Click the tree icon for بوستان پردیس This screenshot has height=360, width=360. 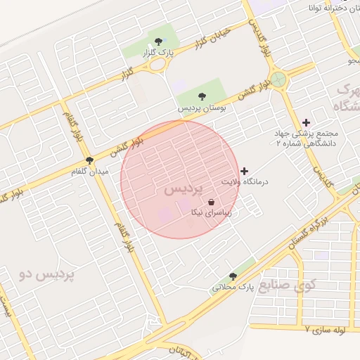[x=202, y=97]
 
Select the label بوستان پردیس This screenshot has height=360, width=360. [x=202, y=109]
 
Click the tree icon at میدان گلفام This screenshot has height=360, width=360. [x=89, y=160]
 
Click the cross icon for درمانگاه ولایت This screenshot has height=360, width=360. [x=245, y=171]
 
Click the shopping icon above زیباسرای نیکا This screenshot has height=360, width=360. [x=211, y=202]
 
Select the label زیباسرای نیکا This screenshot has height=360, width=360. [x=211, y=212]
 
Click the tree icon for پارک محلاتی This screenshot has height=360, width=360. [x=233, y=276]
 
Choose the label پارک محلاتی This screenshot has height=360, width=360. [x=233, y=288]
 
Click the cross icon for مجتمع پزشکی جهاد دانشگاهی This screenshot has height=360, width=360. [x=306, y=122]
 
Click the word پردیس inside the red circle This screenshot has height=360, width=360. [x=183, y=190]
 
